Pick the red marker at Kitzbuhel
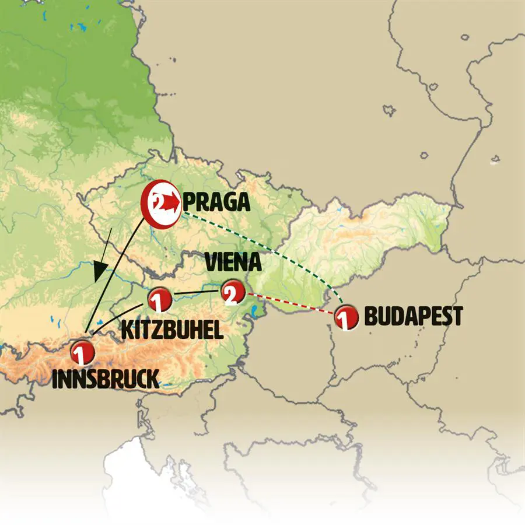click(x=159, y=300)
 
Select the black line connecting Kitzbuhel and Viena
click(x=195, y=292)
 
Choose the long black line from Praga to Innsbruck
click(x=117, y=274)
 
